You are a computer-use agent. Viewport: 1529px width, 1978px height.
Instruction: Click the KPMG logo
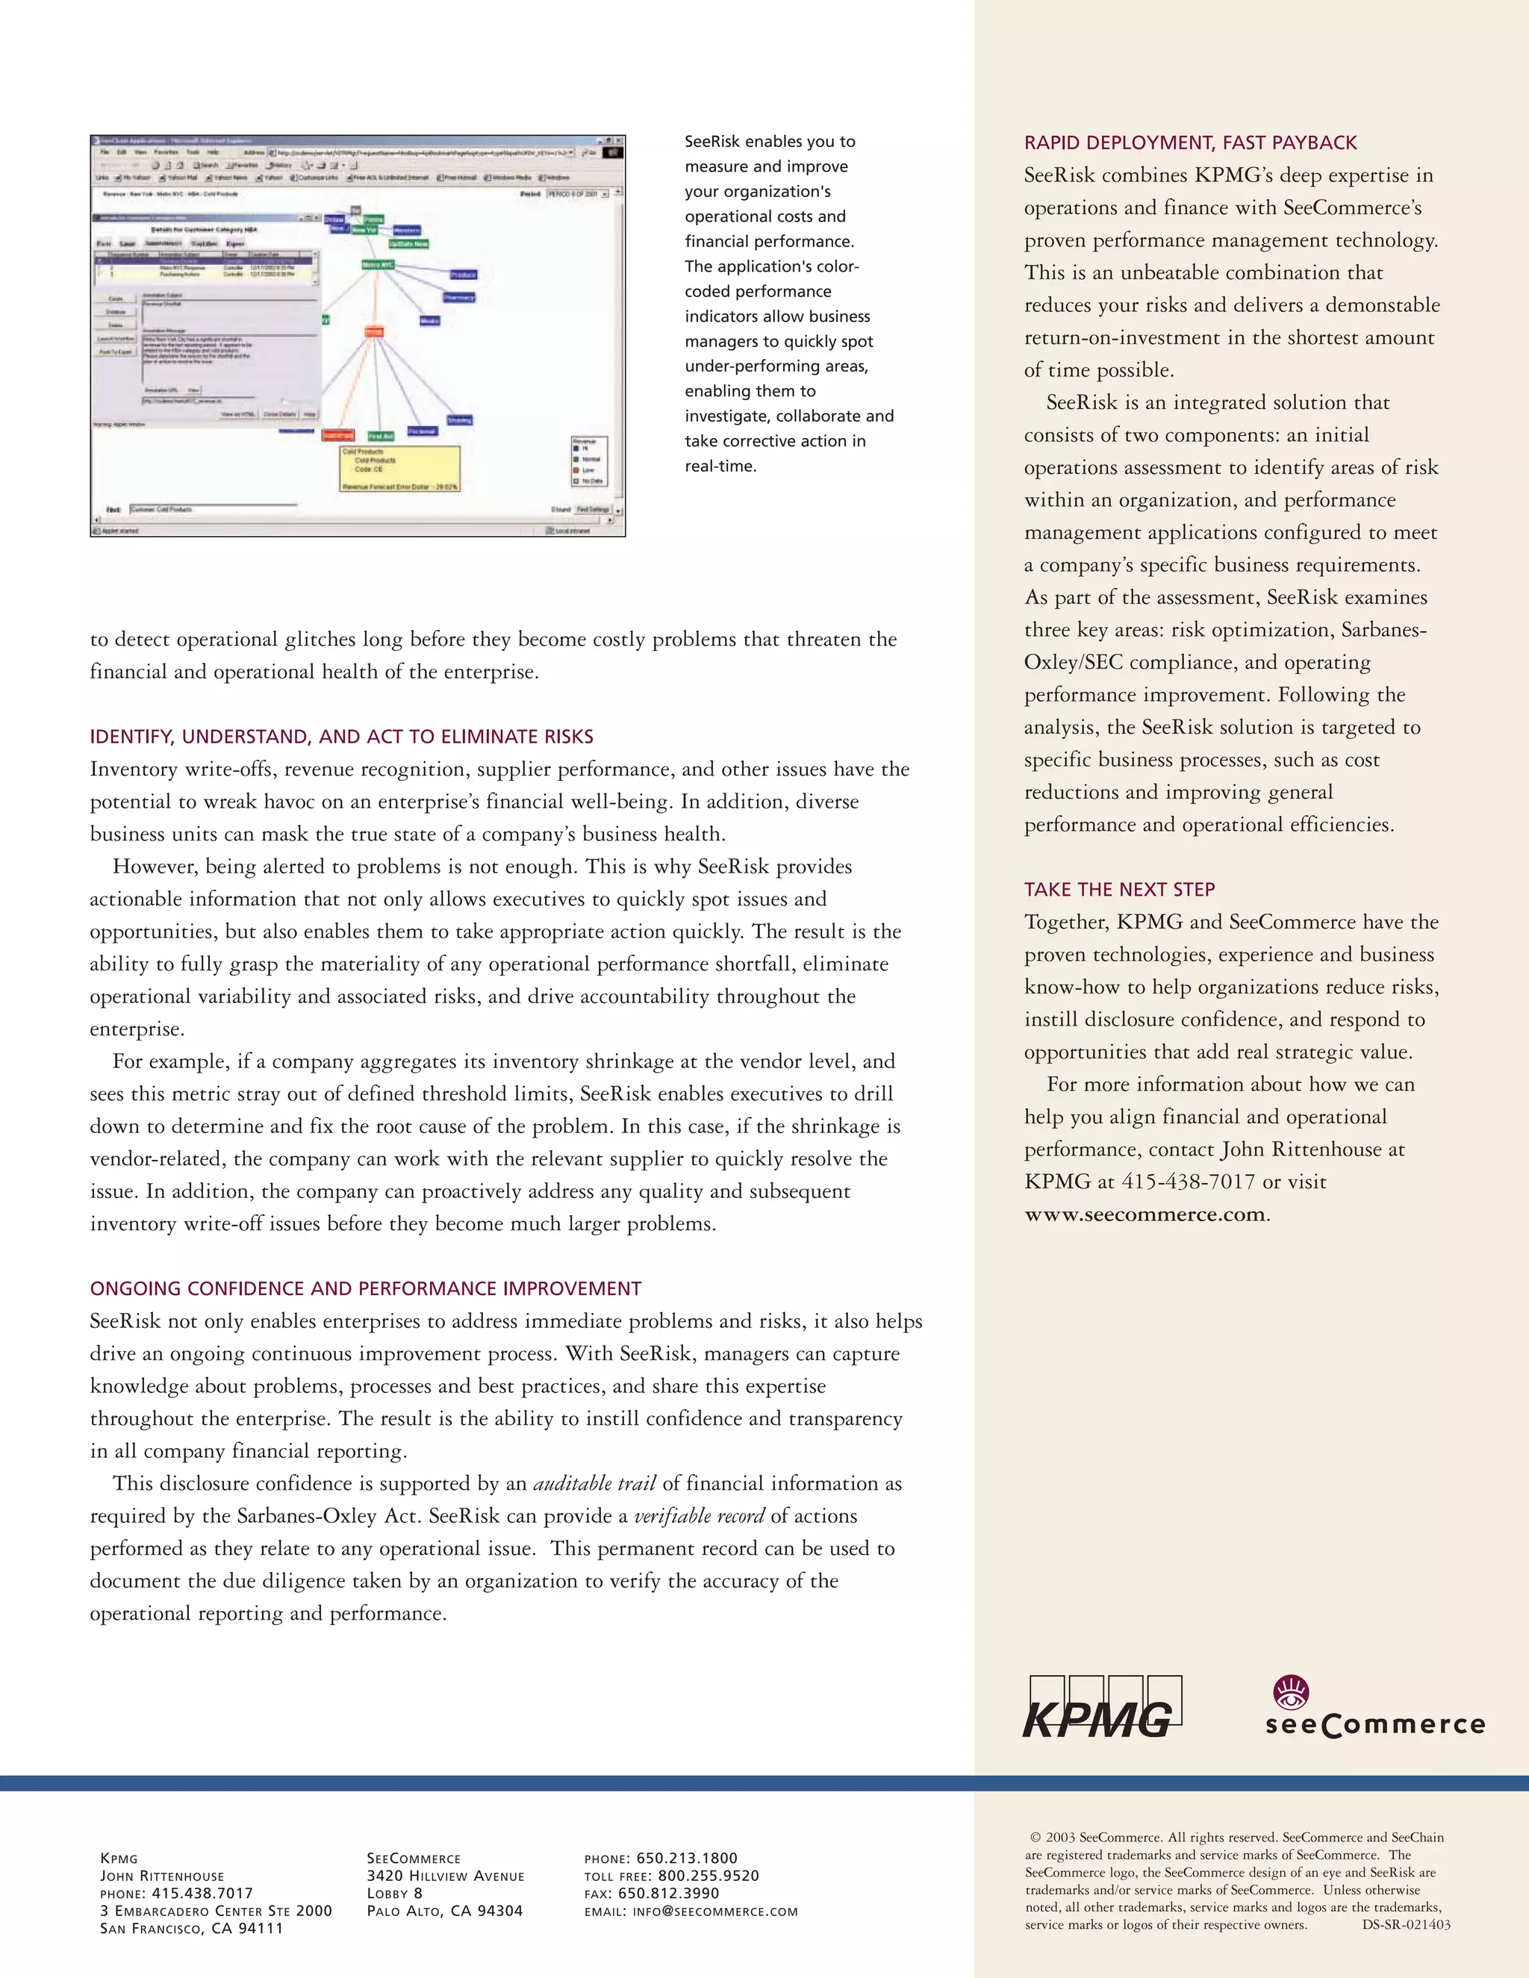click(x=1101, y=1706)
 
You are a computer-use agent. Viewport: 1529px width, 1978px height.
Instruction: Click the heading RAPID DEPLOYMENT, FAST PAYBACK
click(x=1190, y=142)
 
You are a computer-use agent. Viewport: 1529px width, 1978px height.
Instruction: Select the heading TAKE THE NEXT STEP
click(x=1120, y=890)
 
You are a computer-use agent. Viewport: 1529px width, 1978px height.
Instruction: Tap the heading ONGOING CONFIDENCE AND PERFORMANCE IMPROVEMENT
click(x=365, y=1288)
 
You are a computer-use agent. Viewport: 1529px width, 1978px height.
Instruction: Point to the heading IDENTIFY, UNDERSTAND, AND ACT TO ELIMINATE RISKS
click(x=341, y=736)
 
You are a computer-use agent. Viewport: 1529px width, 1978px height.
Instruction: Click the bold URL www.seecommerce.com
click(x=1145, y=1214)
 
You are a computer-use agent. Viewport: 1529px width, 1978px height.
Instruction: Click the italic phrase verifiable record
click(x=698, y=1516)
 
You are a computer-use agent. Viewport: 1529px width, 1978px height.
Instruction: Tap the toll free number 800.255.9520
click(x=709, y=1876)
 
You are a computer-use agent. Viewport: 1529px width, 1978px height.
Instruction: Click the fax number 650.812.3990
click(x=668, y=1893)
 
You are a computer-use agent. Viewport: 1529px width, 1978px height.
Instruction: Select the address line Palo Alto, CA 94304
click(x=444, y=1911)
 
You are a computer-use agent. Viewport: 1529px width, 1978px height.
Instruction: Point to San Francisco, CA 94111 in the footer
click(x=191, y=1928)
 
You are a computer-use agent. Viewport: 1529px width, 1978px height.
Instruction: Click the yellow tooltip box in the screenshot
click(x=399, y=469)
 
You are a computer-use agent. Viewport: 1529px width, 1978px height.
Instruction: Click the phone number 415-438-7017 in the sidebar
click(x=1188, y=1182)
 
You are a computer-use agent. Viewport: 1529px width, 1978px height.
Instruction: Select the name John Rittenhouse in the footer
click(x=162, y=1876)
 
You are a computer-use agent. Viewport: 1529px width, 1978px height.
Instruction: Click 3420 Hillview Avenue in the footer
click(x=445, y=1876)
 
